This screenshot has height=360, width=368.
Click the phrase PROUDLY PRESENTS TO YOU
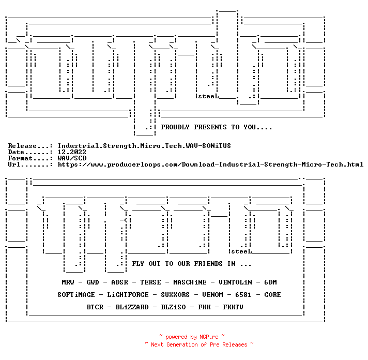pyautogui.click(x=216, y=127)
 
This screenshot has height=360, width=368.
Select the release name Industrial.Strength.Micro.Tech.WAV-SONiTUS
pyautogui.click(x=144, y=146)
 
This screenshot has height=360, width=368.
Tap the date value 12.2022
pyautogui.click(x=72, y=152)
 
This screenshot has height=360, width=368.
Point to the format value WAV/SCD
pyautogui.click(x=72, y=158)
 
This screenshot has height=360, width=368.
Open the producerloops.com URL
pyautogui.click(x=210, y=164)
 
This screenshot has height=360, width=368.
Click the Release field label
pyautogui.click(x=22, y=146)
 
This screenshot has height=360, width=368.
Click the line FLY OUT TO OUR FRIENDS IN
pyautogui.click(x=192, y=264)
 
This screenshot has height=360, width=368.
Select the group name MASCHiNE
pyautogui.click(x=190, y=282)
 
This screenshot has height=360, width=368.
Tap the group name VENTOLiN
pyautogui.click(x=235, y=282)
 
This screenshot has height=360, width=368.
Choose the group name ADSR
pyautogui.click(x=119, y=282)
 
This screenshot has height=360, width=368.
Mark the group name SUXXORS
pyautogui.click(x=173, y=295)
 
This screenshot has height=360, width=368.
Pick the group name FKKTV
pyautogui.click(x=233, y=307)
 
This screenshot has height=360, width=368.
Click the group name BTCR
pyautogui.click(x=95, y=307)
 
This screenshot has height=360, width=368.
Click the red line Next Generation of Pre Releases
pyautogui.click(x=200, y=344)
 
